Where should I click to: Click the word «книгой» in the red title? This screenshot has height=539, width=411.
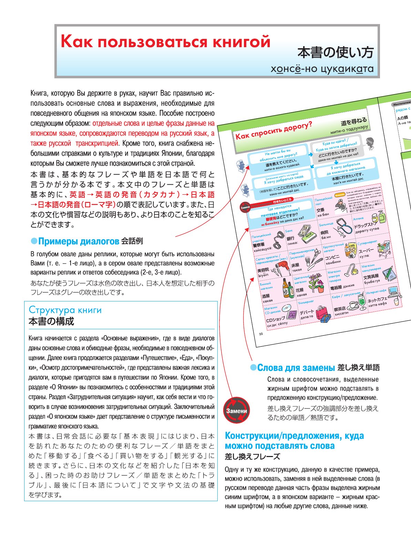pos(241,42)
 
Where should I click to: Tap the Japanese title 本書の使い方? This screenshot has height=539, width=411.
pos(335,53)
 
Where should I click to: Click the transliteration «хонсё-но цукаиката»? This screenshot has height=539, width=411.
pos(322,69)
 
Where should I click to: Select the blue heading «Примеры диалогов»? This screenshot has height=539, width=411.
pos(79,241)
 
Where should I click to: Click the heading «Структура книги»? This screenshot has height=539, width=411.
pos(65,310)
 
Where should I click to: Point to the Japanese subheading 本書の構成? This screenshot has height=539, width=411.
pos(51,322)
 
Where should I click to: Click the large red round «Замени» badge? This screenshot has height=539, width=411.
pos(236,411)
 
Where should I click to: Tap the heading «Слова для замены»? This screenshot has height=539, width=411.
pos(296,368)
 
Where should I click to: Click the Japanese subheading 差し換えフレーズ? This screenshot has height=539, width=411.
pos(252,457)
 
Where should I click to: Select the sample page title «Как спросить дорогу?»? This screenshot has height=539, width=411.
pos(274,130)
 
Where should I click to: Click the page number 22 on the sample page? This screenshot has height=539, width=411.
pos(261,334)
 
